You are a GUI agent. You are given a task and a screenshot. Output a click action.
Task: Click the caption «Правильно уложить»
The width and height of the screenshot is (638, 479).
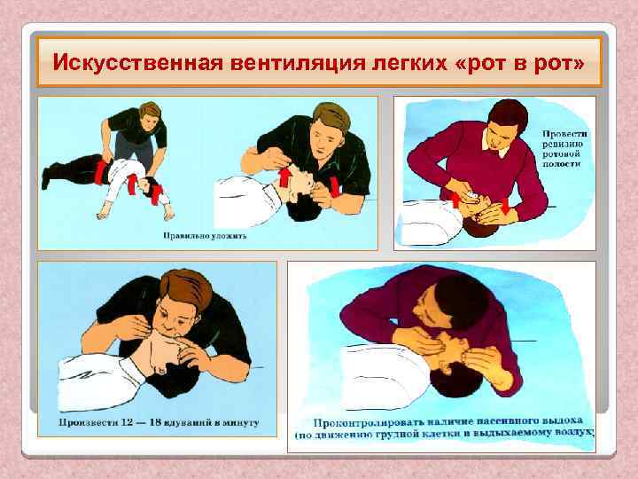pos(204,236)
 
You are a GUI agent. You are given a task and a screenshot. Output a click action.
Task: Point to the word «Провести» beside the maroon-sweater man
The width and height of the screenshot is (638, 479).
pos(564,133)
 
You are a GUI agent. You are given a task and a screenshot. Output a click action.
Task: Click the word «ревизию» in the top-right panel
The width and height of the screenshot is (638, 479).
pos(564,144)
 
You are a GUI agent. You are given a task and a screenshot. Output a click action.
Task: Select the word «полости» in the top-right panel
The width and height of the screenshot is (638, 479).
pos(564,165)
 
